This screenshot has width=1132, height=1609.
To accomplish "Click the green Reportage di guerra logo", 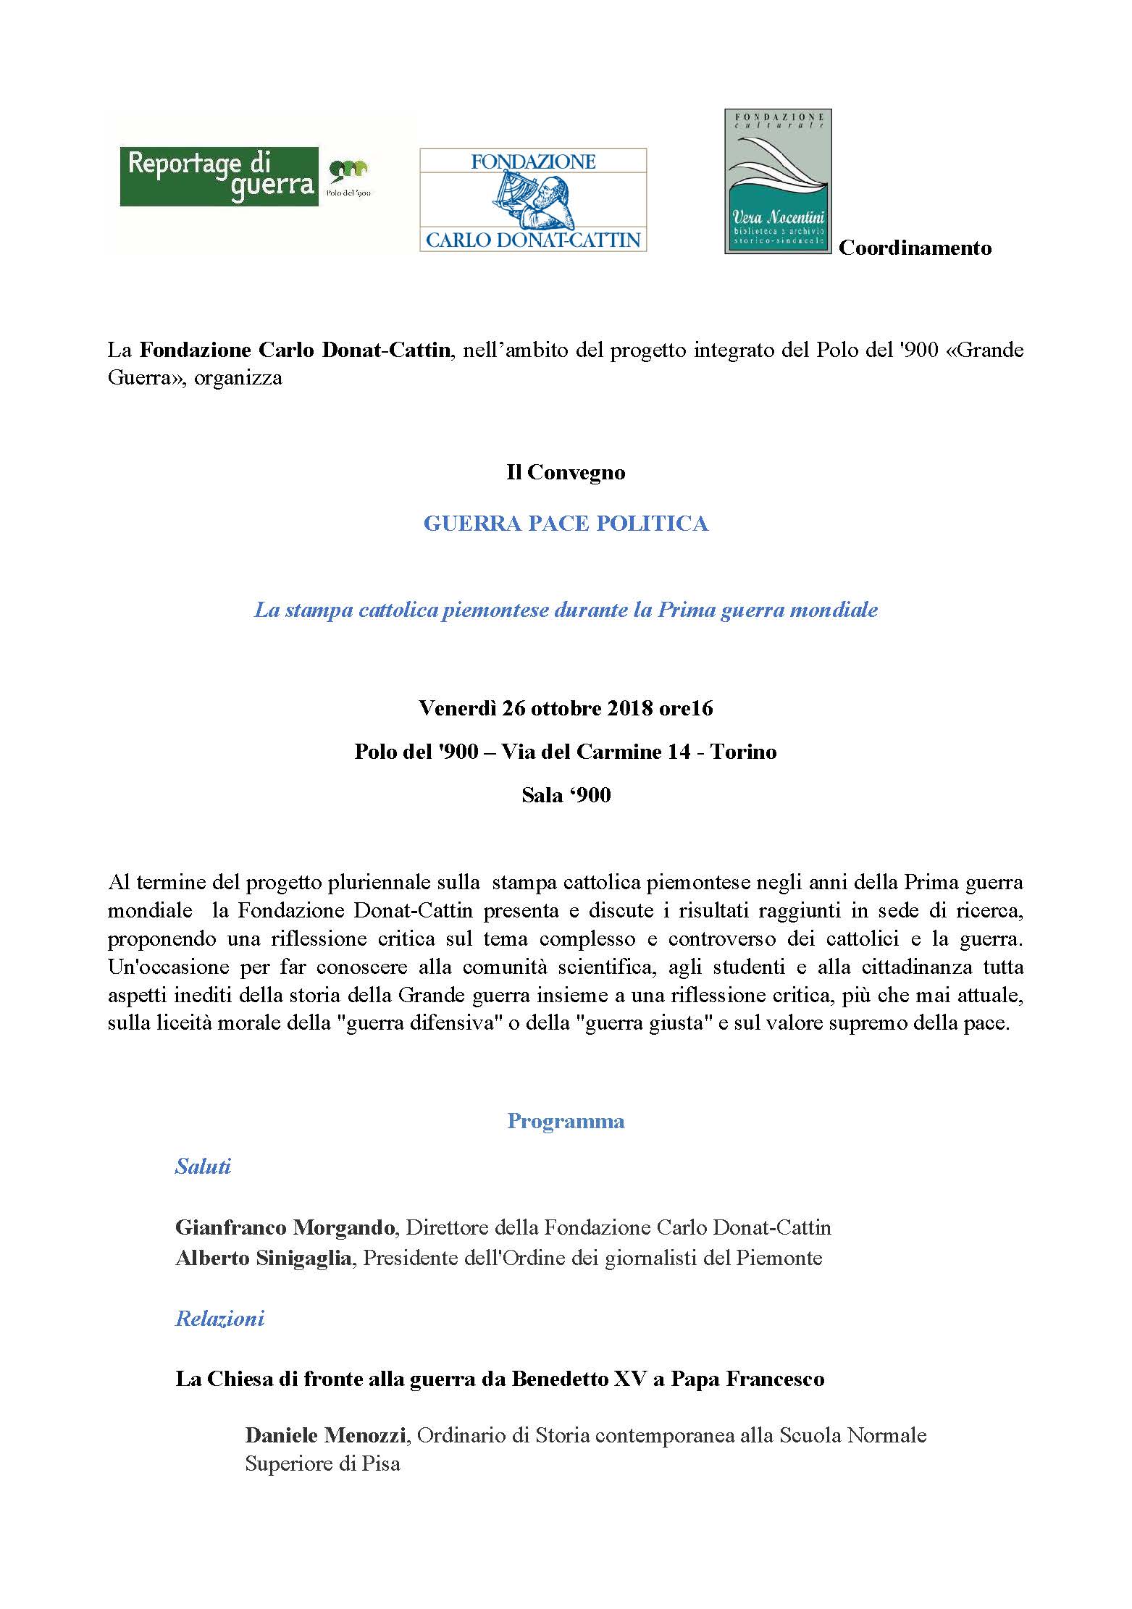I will point(219,177).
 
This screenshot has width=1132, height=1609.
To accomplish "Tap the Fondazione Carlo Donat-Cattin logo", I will point(533,200).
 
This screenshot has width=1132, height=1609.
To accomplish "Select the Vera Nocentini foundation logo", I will point(778,182).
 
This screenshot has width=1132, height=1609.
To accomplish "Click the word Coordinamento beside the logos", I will point(915,248).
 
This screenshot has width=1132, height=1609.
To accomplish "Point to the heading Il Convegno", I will point(566,473).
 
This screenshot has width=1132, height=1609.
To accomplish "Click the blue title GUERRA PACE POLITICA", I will point(566,524).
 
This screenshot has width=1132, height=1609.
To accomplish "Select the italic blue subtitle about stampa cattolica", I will point(566,610).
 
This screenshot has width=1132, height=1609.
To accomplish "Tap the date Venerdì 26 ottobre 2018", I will point(536,708).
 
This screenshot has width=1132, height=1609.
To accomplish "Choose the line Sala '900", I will point(566,795).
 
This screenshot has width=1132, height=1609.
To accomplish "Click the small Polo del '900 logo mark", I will point(348,174).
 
